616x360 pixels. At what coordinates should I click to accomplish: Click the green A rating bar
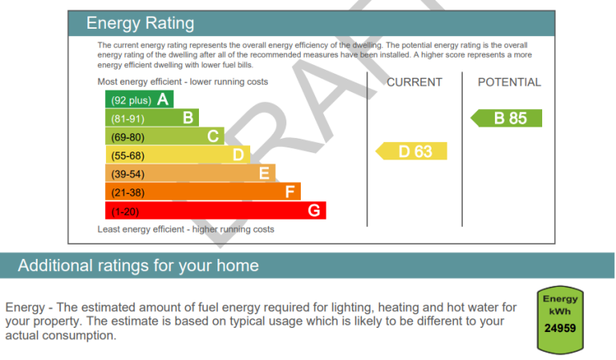coord(139,99)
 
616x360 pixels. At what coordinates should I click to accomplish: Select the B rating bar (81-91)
coord(152,117)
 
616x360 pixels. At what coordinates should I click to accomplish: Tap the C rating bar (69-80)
coord(164,136)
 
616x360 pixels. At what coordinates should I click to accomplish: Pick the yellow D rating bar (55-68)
coord(177,154)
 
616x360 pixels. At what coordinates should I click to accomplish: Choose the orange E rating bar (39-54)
coord(190,172)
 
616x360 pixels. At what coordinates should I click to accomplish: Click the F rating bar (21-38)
coord(203,191)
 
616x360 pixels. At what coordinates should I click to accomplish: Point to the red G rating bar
coord(215,210)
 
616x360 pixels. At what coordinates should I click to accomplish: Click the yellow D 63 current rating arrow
coord(411,152)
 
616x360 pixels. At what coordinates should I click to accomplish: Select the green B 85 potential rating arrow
coord(506,118)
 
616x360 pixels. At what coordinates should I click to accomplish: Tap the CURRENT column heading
coord(415,82)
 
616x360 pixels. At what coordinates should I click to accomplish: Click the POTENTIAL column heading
coord(509,82)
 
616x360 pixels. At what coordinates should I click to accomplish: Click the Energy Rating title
coord(140,23)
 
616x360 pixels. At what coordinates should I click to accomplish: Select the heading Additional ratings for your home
coord(138,265)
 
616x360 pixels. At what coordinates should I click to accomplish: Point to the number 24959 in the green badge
coord(560,328)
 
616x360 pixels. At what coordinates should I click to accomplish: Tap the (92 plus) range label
coord(132,100)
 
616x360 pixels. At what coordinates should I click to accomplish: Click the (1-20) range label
coord(125,212)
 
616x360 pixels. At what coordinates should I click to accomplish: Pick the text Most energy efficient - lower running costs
coord(183,82)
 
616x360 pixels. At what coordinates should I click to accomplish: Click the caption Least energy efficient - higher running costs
coord(186,229)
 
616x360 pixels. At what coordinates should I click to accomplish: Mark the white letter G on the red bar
coord(314,210)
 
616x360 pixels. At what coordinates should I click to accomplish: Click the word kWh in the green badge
coord(560,312)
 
